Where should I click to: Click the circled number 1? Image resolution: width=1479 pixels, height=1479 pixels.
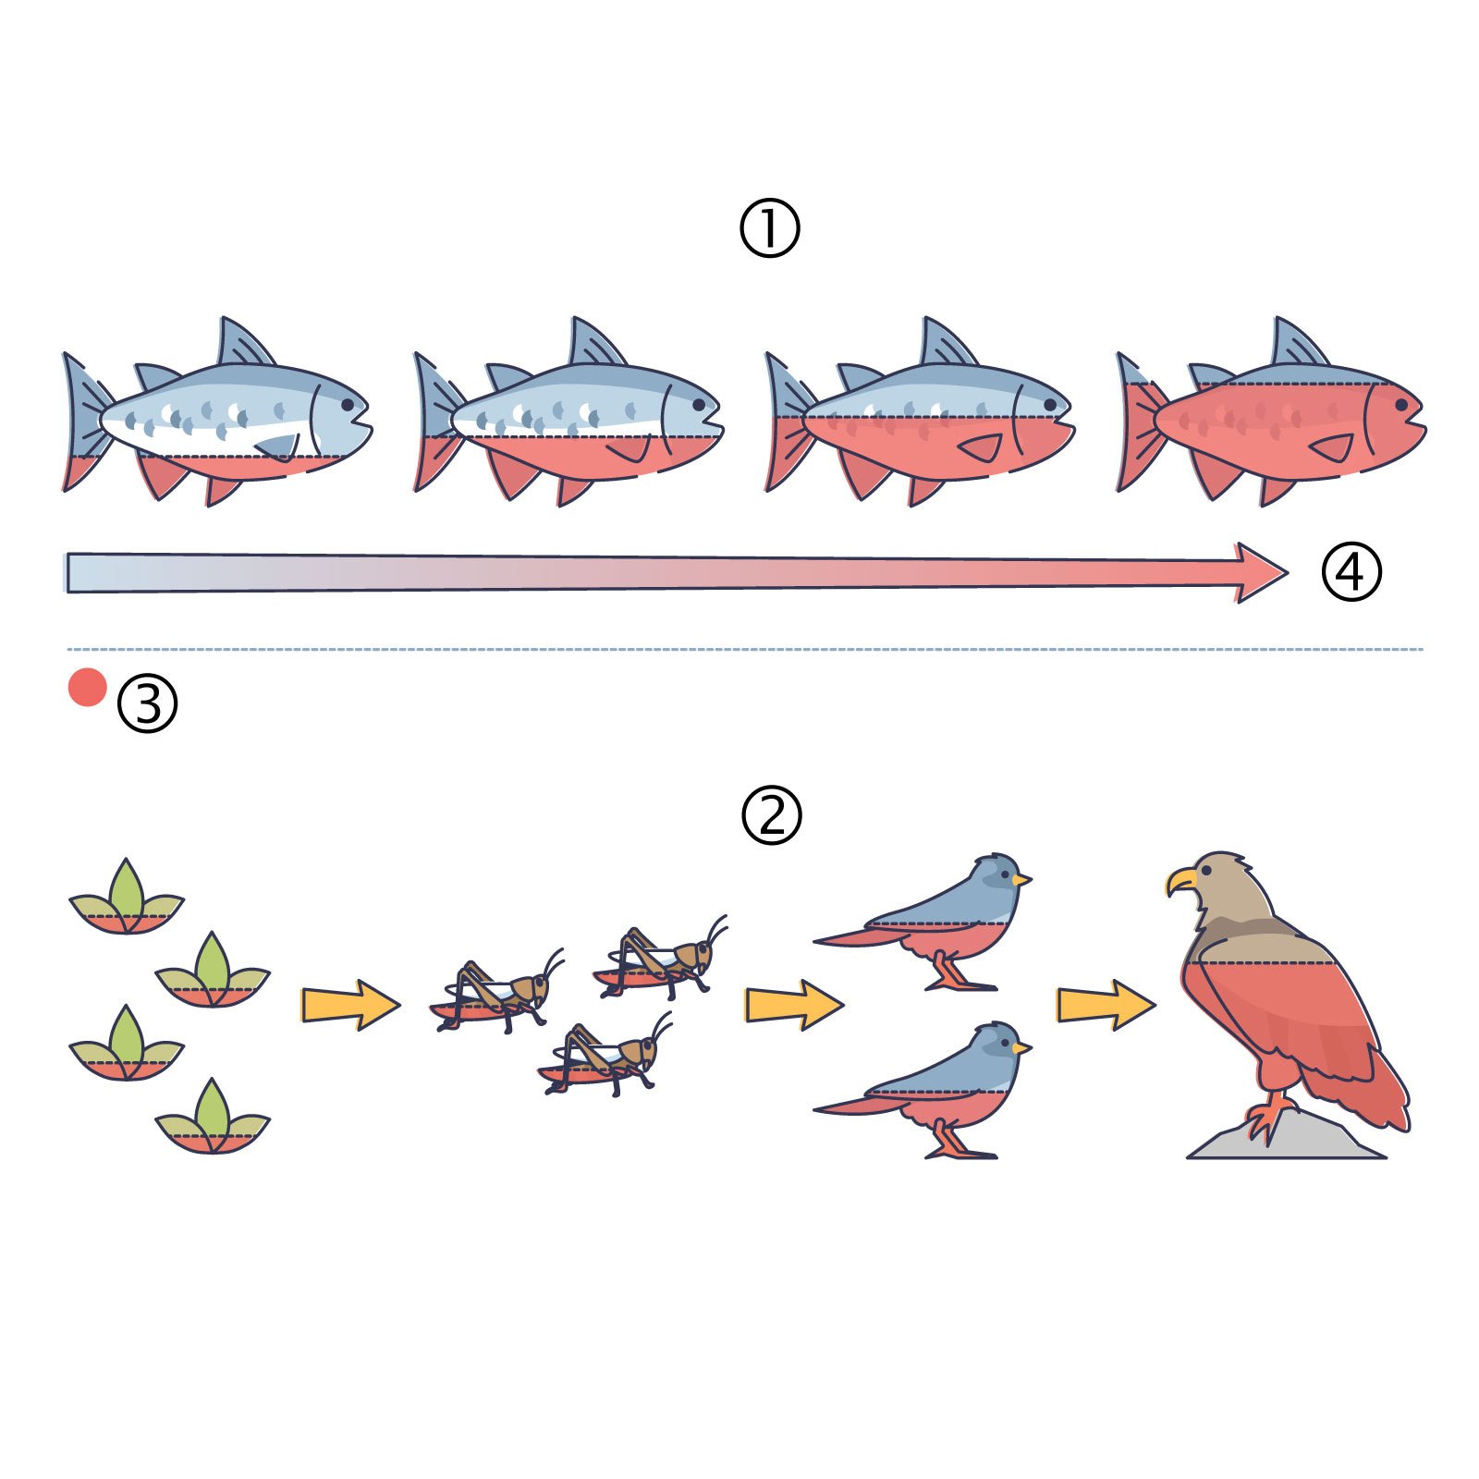(769, 228)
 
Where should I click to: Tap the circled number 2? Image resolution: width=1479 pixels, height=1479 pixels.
(771, 814)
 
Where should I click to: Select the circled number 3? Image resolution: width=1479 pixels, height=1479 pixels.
(147, 703)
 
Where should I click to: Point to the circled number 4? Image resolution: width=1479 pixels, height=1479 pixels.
(1351, 572)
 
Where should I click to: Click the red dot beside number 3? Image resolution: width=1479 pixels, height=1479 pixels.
(88, 687)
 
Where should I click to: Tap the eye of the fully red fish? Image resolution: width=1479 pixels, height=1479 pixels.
(1401, 405)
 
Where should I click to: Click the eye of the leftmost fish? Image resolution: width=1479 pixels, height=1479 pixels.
(348, 405)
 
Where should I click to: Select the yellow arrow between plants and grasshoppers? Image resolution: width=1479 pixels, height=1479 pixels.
(351, 1004)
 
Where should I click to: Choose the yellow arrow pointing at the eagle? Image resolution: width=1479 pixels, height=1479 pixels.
(1106, 1004)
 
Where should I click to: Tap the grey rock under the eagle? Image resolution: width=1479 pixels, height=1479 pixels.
(1287, 1136)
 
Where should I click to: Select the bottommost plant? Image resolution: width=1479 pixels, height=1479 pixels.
(213, 1118)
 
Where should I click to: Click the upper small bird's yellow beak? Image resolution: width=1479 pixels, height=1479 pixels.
(1021, 879)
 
